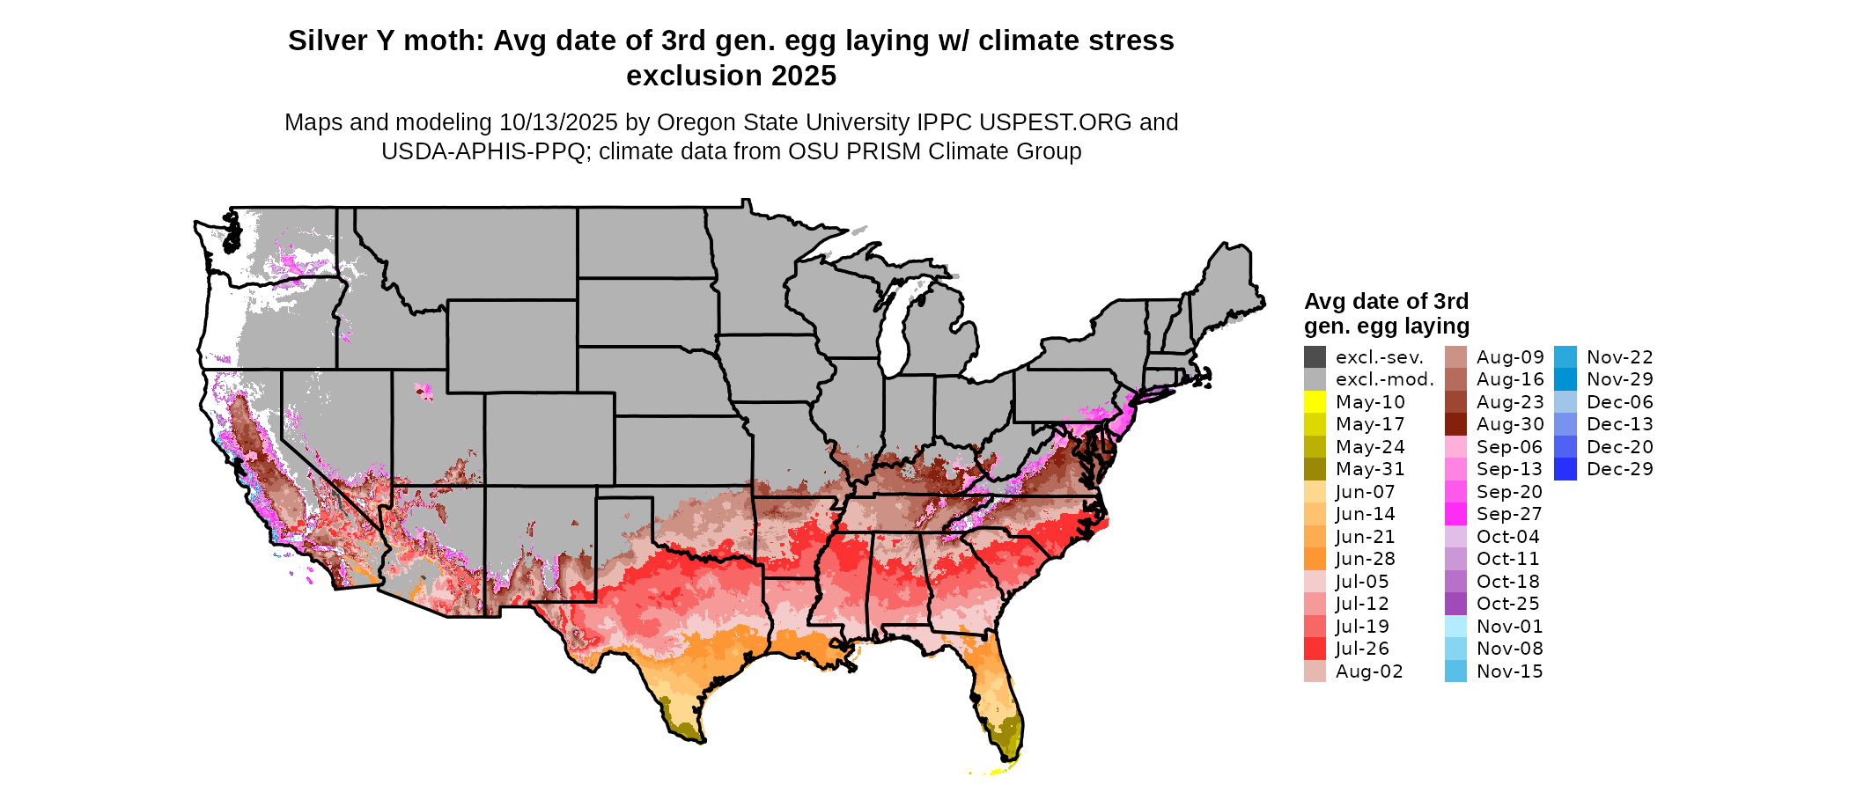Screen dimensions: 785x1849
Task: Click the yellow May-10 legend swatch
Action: coord(1315,402)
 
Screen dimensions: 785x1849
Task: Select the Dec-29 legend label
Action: coord(1619,469)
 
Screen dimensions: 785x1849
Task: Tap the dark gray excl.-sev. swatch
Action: coord(1315,357)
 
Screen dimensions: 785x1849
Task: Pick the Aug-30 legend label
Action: coord(1510,424)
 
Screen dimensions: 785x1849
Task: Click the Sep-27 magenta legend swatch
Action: coord(1455,514)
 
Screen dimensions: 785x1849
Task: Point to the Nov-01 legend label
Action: coord(1509,627)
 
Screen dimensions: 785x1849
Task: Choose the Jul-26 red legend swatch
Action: coord(1315,649)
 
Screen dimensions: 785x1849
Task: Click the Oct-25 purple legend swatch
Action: coord(1455,604)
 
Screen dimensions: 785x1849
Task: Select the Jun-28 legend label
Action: coord(1365,559)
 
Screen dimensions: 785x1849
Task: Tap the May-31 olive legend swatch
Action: coord(1315,469)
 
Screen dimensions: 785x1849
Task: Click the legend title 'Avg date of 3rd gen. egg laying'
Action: coord(1386,313)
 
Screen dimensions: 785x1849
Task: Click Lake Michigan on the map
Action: coord(895,330)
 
